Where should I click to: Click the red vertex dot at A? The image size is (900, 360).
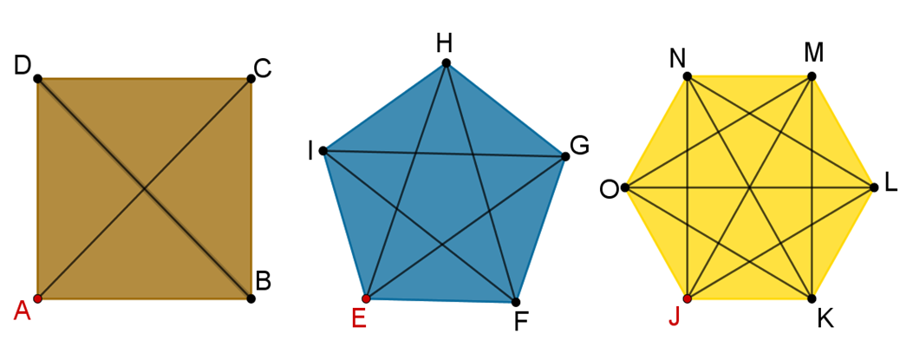37,298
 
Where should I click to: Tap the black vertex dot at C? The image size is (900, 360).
251,78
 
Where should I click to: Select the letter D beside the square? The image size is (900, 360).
23,64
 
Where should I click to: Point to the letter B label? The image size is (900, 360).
264,280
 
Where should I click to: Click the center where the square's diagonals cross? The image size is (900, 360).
144,188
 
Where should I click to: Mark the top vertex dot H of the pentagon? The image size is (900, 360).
446,62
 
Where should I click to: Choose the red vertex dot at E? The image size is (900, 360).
366,298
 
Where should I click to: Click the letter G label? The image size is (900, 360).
579,145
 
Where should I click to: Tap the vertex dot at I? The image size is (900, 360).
323,151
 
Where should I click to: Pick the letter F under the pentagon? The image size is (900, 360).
521,323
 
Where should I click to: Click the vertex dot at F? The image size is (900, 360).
516,302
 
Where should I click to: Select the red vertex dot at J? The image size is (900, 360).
687,298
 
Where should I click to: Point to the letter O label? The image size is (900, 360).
609,189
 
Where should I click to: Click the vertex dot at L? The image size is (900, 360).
873,187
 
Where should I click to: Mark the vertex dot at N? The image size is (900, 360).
687,76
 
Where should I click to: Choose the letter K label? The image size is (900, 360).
825,319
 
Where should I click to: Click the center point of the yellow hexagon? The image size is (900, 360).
749,187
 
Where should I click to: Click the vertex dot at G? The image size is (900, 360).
565,156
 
